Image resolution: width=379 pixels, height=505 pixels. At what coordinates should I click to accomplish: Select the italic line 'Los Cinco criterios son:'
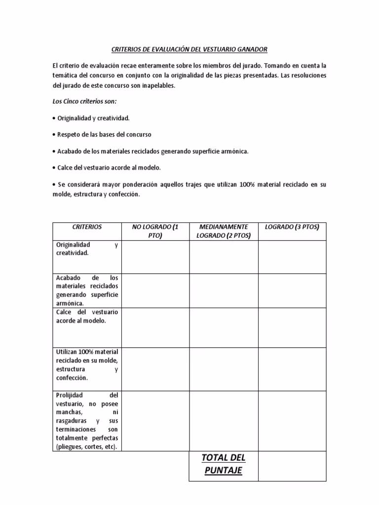(x=84, y=102)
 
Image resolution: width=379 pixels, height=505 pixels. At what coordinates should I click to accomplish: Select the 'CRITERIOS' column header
(x=87, y=227)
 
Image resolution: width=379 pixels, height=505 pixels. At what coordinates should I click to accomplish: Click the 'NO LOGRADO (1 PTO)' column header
(x=155, y=231)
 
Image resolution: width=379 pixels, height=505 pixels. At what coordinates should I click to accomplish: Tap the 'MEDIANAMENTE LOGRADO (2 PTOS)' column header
(x=224, y=231)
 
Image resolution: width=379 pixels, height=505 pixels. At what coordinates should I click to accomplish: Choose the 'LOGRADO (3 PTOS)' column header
(x=292, y=227)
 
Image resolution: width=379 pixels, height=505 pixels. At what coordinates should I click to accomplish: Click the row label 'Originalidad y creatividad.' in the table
(x=87, y=249)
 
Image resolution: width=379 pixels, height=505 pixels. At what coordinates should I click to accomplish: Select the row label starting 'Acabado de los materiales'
(x=87, y=290)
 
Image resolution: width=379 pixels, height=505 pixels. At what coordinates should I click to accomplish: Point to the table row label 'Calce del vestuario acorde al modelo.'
(x=87, y=317)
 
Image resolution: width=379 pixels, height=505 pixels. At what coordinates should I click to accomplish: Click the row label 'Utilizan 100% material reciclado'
(x=87, y=365)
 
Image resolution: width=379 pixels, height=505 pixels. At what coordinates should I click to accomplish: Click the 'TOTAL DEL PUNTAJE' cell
(x=224, y=464)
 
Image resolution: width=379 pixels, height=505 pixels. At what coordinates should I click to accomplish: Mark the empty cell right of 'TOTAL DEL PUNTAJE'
(x=292, y=466)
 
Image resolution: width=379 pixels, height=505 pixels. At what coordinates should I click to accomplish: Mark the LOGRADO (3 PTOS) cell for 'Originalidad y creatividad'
(x=292, y=256)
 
